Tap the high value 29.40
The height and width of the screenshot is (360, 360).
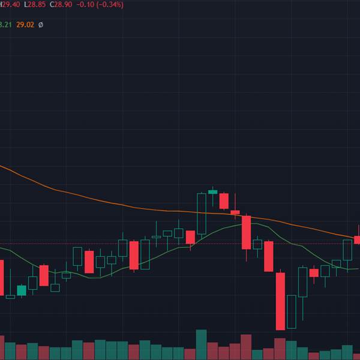(10, 4)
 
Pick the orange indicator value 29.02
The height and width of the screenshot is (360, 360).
(25, 25)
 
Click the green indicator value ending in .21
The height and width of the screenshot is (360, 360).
(5, 25)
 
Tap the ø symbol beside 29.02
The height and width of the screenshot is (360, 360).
(41, 25)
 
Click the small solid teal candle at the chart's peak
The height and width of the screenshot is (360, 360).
(212, 192)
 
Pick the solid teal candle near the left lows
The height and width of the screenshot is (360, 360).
(22, 290)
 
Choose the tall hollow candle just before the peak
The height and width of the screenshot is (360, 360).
(202, 213)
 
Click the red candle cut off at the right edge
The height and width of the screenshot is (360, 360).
(358, 239)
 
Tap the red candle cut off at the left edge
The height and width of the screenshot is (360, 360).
(1, 277)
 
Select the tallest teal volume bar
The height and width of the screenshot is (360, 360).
(201, 344)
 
